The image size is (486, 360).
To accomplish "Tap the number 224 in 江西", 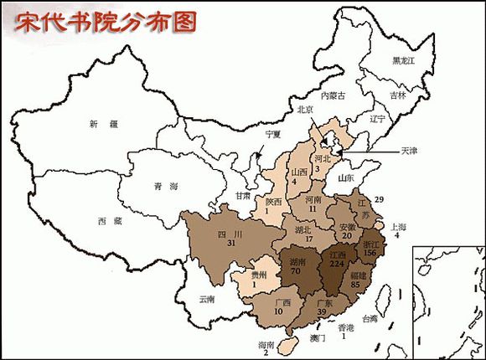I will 339,264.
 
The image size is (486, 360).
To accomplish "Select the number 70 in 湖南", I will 296,271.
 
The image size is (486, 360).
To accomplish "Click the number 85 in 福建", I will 355,285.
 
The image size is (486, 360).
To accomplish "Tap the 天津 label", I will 410,152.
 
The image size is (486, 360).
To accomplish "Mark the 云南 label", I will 206,299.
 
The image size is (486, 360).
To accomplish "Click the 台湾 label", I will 369,319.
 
